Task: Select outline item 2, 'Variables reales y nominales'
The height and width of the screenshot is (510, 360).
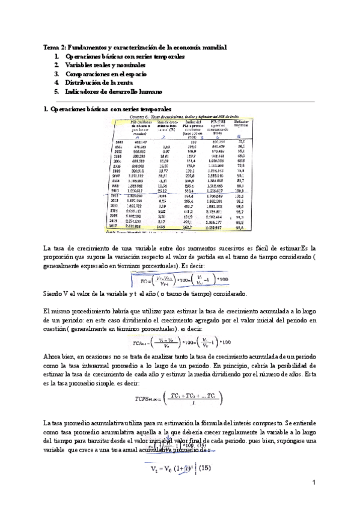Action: click(102, 65)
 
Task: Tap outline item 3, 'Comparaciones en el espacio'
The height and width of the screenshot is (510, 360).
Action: click(100, 73)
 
